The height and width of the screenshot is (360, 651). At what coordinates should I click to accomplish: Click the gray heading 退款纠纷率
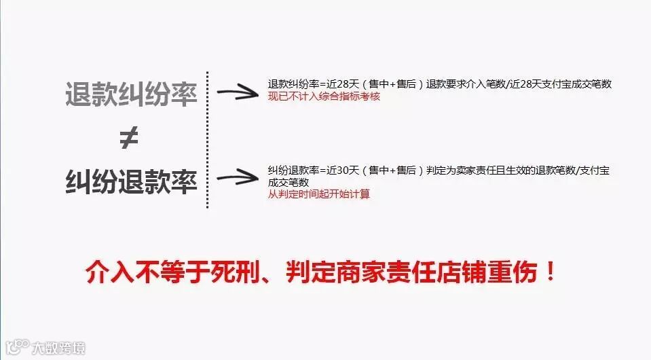point(131,94)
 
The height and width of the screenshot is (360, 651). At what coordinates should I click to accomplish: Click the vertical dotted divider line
point(207,139)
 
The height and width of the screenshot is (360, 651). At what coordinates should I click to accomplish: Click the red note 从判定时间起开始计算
point(319,194)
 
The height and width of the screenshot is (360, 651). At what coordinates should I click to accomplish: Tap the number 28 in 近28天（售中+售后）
point(343,84)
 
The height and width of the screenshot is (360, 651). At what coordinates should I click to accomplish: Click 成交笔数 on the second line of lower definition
point(289,182)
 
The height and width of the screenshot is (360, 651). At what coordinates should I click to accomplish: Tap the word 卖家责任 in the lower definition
point(481,170)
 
